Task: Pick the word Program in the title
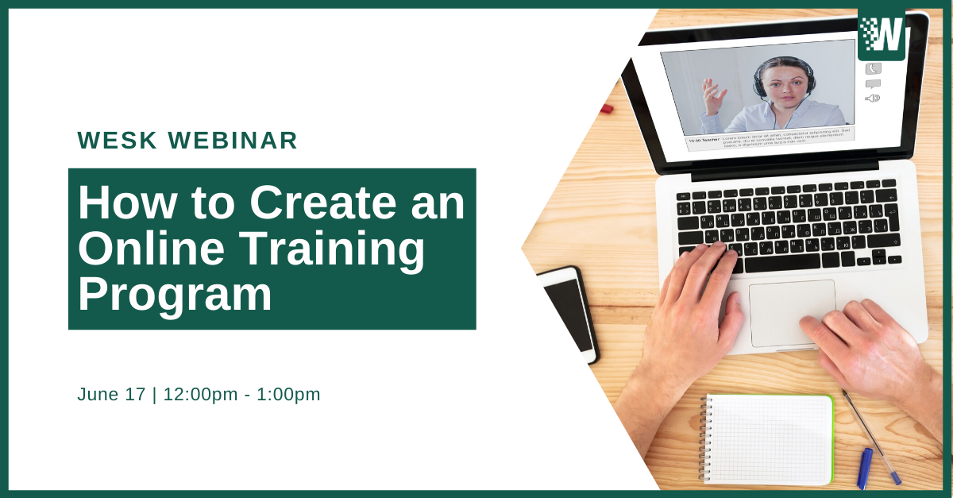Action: tap(175, 294)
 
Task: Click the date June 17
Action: tap(110, 394)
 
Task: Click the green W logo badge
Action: tap(882, 35)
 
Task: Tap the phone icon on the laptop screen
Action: tap(873, 69)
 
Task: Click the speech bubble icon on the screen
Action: tap(873, 83)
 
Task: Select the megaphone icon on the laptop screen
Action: tap(873, 98)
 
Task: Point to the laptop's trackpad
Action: tap(792, 312)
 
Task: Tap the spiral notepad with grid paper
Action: tap(766, 438)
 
